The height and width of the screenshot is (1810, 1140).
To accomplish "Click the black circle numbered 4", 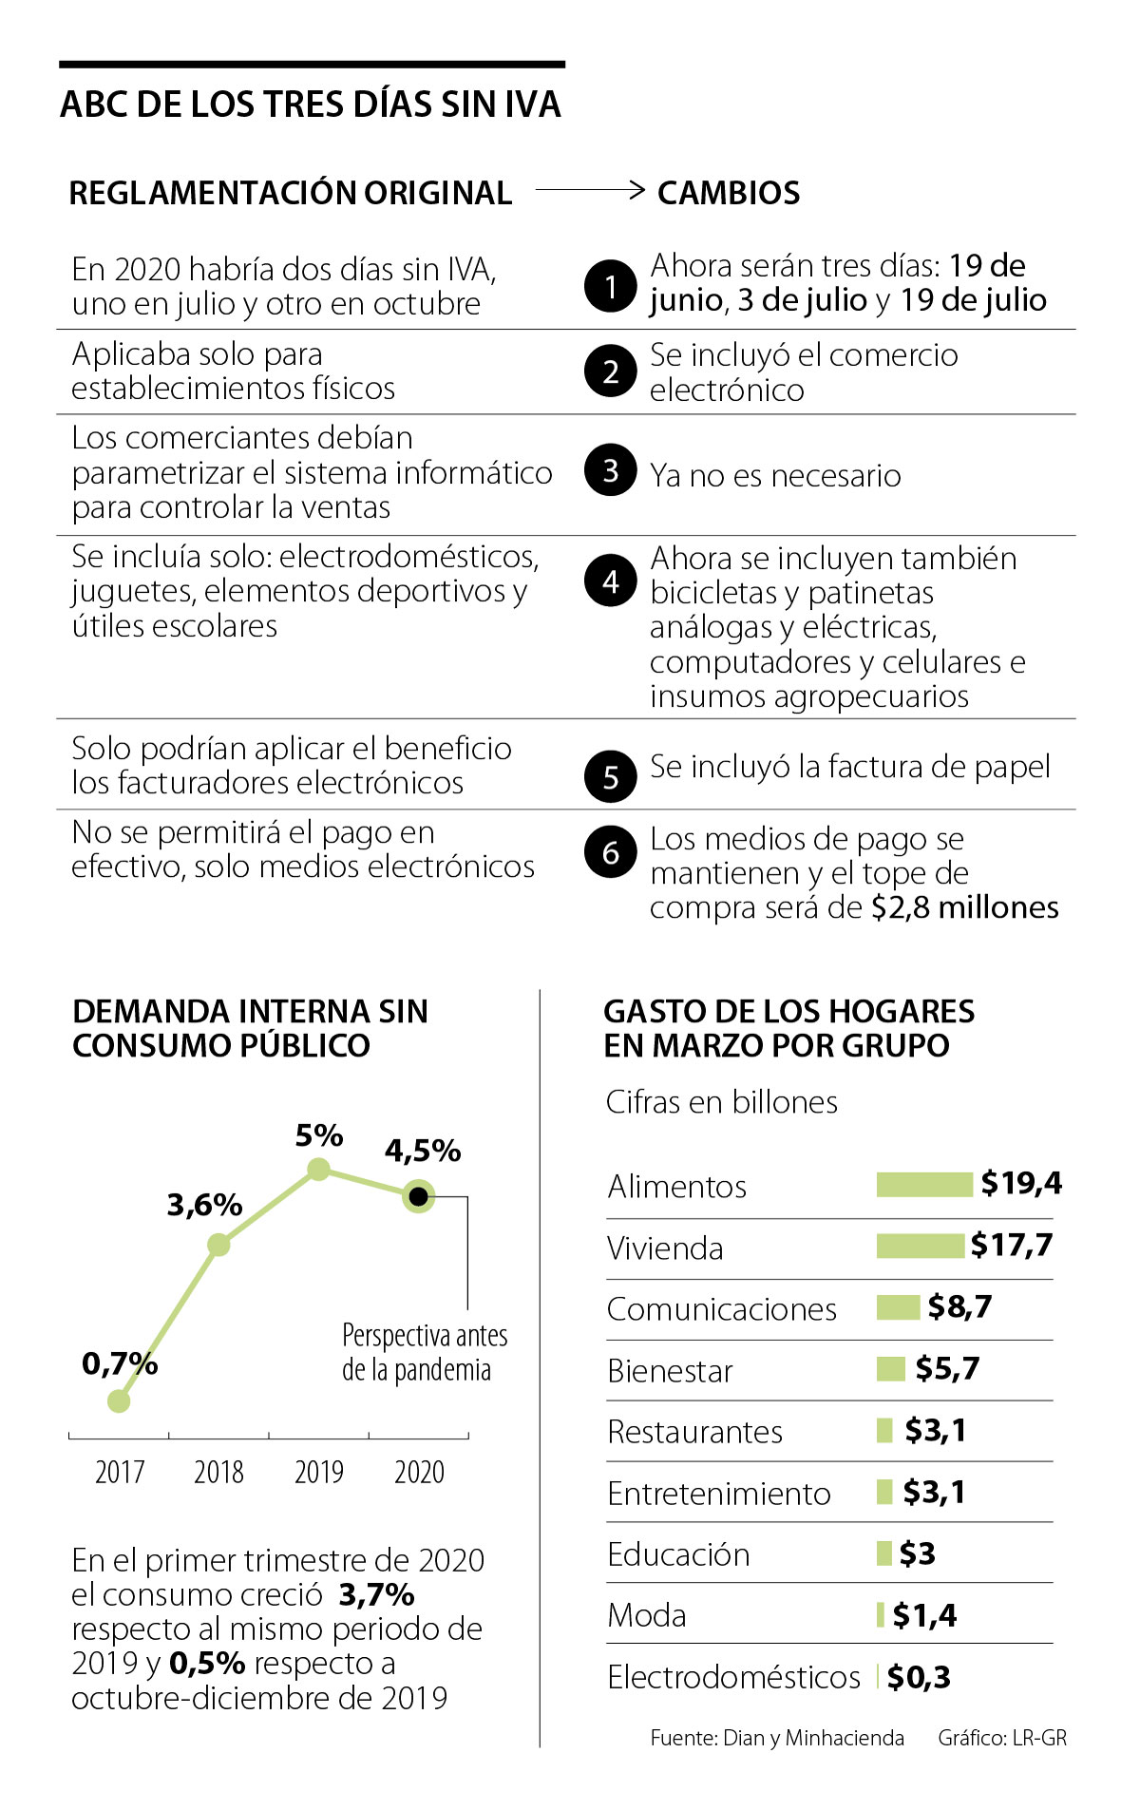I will click(611, 581).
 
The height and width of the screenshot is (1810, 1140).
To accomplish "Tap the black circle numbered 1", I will click(611, 286).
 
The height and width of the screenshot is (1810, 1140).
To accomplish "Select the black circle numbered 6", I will click(611, 852).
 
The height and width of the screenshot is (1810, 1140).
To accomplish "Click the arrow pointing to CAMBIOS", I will click(590, 190).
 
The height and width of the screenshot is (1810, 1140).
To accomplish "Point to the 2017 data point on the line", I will click(119, 1400).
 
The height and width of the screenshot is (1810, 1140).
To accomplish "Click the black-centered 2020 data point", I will click(418, 1195).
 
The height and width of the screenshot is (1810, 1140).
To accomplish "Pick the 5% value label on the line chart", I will click(319, 1135).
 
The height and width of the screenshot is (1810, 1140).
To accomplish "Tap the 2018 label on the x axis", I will click(218, 1472).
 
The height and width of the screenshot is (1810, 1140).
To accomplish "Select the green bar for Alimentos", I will click(924, 1185).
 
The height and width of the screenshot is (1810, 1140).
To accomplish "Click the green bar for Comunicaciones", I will click(898, 1307).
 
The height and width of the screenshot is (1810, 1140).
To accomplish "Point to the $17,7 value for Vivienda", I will click(1012, 1245).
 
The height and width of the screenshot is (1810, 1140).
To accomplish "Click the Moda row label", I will click(647, 1614).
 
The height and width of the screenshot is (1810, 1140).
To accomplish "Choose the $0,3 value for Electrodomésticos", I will click(919, 1677).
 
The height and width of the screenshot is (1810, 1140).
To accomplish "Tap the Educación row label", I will click(678, 1553).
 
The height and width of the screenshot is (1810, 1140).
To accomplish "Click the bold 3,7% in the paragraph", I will click(376, 1594).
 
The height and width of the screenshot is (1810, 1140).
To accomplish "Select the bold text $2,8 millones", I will click(964, 907).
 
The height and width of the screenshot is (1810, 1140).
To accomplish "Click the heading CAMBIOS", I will click(729, 193).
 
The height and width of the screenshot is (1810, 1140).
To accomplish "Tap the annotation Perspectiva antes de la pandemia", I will click(424, 1352).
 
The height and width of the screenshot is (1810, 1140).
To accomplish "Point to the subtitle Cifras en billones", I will click(722, 1102).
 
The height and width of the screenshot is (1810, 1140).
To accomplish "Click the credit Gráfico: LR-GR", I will click(1002, 1738).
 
